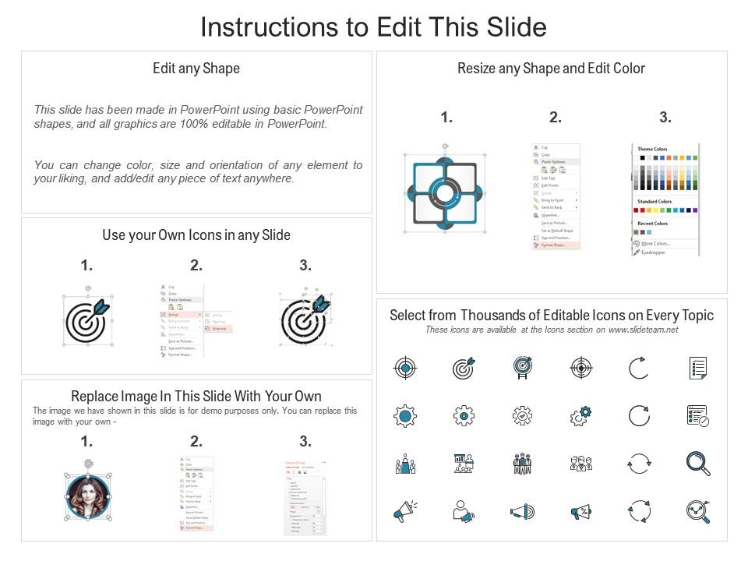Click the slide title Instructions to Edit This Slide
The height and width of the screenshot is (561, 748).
tap(373, 26)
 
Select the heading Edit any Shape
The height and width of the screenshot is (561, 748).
tap(196, 69)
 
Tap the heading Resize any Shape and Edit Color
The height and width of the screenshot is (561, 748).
tap(551, 69)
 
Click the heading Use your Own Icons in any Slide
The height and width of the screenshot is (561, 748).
tap(196, 235)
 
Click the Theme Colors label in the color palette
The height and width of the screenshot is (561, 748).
tap(652, 149)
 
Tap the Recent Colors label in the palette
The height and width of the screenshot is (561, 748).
tap(653, 223)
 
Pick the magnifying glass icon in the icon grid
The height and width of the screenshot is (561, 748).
tap(697, 464)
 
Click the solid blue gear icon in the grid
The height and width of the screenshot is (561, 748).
tap(405, 416)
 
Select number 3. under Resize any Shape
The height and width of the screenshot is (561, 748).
tap(665, 118)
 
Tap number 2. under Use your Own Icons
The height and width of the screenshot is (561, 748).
tap(196, 266)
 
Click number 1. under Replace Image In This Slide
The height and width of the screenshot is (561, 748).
tap(86, 442)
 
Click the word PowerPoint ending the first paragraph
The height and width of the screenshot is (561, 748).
tap(301, 124)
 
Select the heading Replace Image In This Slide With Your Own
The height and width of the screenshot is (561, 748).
tap(196, 397)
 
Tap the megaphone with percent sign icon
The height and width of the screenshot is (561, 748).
tap(580, 512)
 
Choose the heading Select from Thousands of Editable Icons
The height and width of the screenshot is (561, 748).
tap(551, 315)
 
